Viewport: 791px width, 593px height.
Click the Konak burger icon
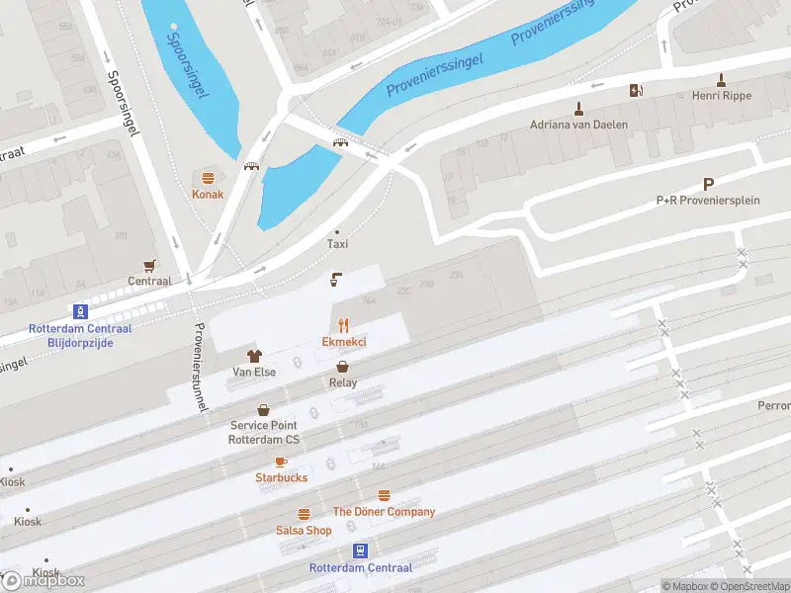pyautogui.click(x=208, y=178)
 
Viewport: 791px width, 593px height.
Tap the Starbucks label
pyautogui.click(x=281, y=478)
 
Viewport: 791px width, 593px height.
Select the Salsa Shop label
pyautogui.click(x=304, y=531)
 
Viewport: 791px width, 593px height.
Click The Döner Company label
pyautogui.click(x=384, y=512)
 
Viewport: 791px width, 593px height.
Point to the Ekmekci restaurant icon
pyautogui.click(x=344, y=324)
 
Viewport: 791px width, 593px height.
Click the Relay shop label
pyautogui.click(x=343, y=382)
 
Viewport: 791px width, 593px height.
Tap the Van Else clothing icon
pyautogui.click(x=254, y=356)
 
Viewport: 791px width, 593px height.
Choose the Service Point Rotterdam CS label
pyautogui.click(x=264, y=432)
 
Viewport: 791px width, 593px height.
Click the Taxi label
pyautogui.click(x=338, y=244)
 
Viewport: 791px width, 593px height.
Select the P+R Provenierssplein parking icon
pyautogui.click(x=708, y=184)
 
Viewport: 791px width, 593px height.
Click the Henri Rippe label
pyautogui.click(x=723, y=96)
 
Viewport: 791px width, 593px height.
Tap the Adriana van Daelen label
pyautogui.click(x=578, y=127)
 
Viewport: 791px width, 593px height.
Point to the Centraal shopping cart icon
pyautogui.click(x=149, y=265)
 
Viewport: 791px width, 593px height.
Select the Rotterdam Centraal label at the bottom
pyautogui.click(x=360, y=568)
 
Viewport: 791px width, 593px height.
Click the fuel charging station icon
pyautogui.click(x=636, y=91)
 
